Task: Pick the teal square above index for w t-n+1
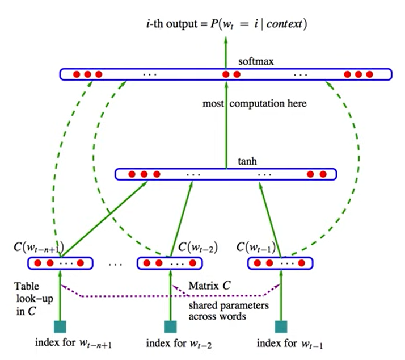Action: click(59, 326)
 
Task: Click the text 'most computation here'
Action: click(255, 104)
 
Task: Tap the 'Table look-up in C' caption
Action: click(30, 298)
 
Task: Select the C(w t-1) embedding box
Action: click(281, 263)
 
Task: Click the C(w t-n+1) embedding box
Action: click(60, 263)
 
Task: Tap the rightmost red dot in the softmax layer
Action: click(369, 74)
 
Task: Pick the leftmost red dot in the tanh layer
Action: click(132, 174)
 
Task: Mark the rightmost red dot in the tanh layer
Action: click(323, 174)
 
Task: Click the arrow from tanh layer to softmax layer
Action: click(226, 125)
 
